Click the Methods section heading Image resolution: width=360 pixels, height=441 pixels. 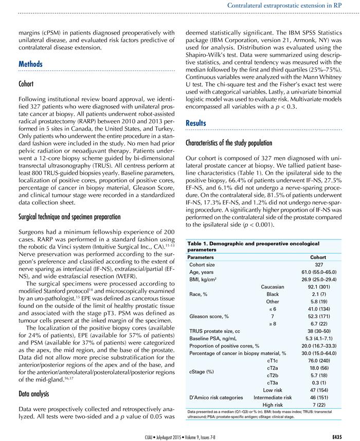pos(30,64)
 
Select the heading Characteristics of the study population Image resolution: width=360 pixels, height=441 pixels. pos(246,142)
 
